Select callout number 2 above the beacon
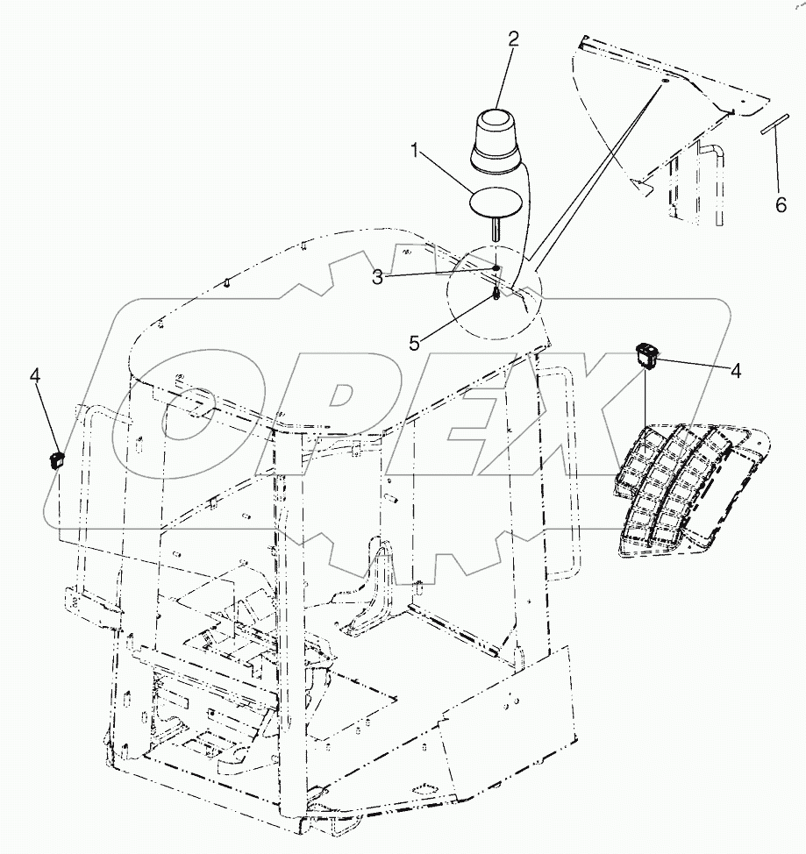click(513, 38)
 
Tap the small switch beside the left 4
click(56, 458)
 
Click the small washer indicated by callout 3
click(496, 269)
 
